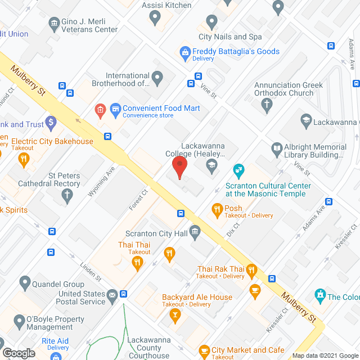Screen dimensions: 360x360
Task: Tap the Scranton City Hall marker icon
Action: coord(195,231)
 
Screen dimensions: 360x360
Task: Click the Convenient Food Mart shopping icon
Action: coord(115,109)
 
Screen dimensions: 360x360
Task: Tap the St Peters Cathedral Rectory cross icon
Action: coord(67,196)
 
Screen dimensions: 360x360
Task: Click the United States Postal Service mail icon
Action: coord(112,294)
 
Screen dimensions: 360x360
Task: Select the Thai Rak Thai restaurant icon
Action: coord(251,270)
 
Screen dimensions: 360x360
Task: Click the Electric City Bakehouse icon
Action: coord(24,160)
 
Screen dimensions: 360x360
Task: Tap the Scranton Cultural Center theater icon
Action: coord(238,169)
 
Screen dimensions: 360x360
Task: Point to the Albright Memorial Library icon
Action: coord(277,149)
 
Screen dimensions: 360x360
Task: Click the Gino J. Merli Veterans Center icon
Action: coord(55,23)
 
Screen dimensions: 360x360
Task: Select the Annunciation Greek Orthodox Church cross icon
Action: coord(267,105)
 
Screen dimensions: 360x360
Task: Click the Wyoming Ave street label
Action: coord(101,181)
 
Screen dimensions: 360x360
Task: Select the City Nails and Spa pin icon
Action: coord(211,22)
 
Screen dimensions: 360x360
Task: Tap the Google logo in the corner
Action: coord(19,353)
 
